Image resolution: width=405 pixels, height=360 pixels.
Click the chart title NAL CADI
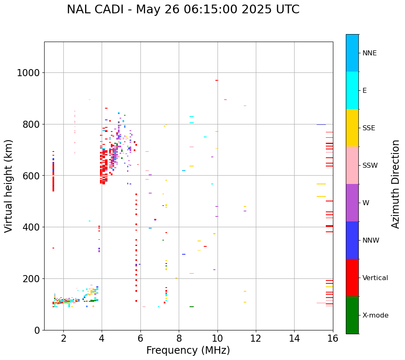[183, 10]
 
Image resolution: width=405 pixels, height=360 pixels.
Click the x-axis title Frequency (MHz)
[188, 350]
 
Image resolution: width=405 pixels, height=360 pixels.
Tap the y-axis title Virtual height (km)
[9, 186]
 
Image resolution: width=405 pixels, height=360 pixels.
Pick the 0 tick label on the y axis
[37, 330]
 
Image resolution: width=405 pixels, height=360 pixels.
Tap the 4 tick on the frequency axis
[102, 339]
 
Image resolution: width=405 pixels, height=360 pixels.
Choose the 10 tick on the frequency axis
[217, 339]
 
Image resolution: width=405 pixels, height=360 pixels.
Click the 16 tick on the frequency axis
[332, 339]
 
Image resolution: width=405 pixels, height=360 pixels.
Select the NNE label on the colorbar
[369, 53]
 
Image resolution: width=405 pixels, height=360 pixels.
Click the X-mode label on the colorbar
[375, 315]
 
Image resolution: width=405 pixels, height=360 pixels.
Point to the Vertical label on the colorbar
[375, 278]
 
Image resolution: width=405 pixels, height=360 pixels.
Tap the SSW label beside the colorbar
[370, 166]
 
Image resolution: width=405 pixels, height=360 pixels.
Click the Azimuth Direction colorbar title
[396, 184]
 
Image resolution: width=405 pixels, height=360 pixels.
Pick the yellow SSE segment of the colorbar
[352, 128]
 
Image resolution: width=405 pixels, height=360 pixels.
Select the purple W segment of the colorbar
[352, 203]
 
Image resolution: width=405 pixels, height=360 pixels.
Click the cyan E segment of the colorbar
[352, 90]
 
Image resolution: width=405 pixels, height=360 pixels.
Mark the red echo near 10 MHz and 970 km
[217, 80]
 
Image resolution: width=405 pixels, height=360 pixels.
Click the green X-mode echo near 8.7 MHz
[192, 307]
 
